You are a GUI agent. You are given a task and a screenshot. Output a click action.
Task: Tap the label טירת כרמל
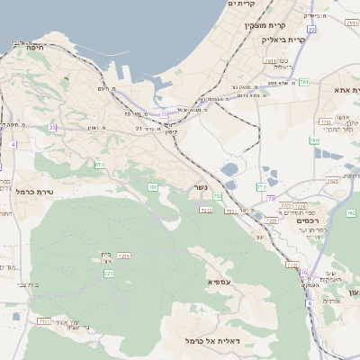coord(37,192)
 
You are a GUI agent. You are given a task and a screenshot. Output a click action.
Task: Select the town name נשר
coord(200,187)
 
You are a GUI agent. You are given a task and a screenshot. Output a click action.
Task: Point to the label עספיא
coord(199,281)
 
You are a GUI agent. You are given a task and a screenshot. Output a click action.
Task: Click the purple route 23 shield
coord(53,127)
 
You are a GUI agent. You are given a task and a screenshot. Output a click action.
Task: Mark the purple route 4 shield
coord(13,144)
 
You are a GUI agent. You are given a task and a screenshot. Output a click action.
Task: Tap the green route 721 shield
coord(109,272)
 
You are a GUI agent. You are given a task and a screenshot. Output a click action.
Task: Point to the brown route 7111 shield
coord(43,320)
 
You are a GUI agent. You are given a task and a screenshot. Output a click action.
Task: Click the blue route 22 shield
coord(165,113)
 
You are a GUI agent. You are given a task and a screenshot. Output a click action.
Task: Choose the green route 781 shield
coord(304,82)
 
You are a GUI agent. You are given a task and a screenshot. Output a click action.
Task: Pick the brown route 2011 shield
coord(271,61)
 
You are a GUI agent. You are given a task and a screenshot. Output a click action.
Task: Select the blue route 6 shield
coord(310,303)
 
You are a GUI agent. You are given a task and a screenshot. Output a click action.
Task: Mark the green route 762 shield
coord(350,213)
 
